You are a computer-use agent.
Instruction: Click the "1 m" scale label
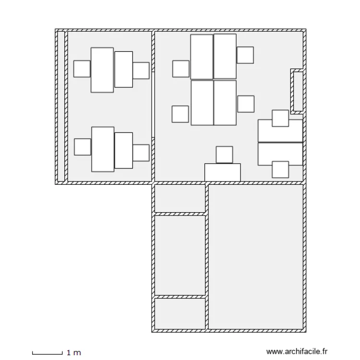tap(74, 352)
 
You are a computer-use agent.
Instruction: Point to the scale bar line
tap(48, 354)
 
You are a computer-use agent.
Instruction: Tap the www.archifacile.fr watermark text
tap(297, 351)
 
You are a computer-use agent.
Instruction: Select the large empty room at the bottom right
tap(256, 257)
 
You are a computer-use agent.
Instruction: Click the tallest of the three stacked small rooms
tap(180, 255)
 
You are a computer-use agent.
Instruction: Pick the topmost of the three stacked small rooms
tap(180, 198)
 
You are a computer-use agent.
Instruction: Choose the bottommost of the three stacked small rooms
tap(180, 313)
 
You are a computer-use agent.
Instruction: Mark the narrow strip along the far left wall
tap(61, 106)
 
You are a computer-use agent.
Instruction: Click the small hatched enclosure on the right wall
tap(298, 91)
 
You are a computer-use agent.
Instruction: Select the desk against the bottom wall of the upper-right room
tap(222, 172)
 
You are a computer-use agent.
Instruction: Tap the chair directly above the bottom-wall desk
tap(224, 155)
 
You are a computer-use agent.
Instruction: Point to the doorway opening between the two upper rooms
tap(153, 105)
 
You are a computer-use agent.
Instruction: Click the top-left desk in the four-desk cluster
tap(202, 57)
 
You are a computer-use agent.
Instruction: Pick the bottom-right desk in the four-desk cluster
tap(225, 103)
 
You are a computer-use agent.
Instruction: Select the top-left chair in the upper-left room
tap(82, 69)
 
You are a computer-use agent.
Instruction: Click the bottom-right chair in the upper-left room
tap(141, 153)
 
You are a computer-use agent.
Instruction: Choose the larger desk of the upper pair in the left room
tap(102, 70)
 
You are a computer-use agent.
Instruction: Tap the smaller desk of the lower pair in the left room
tap(124, 150)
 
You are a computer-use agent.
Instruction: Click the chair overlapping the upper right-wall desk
tap(280, 118)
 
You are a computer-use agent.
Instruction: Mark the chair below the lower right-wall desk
tap(280, 169)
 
